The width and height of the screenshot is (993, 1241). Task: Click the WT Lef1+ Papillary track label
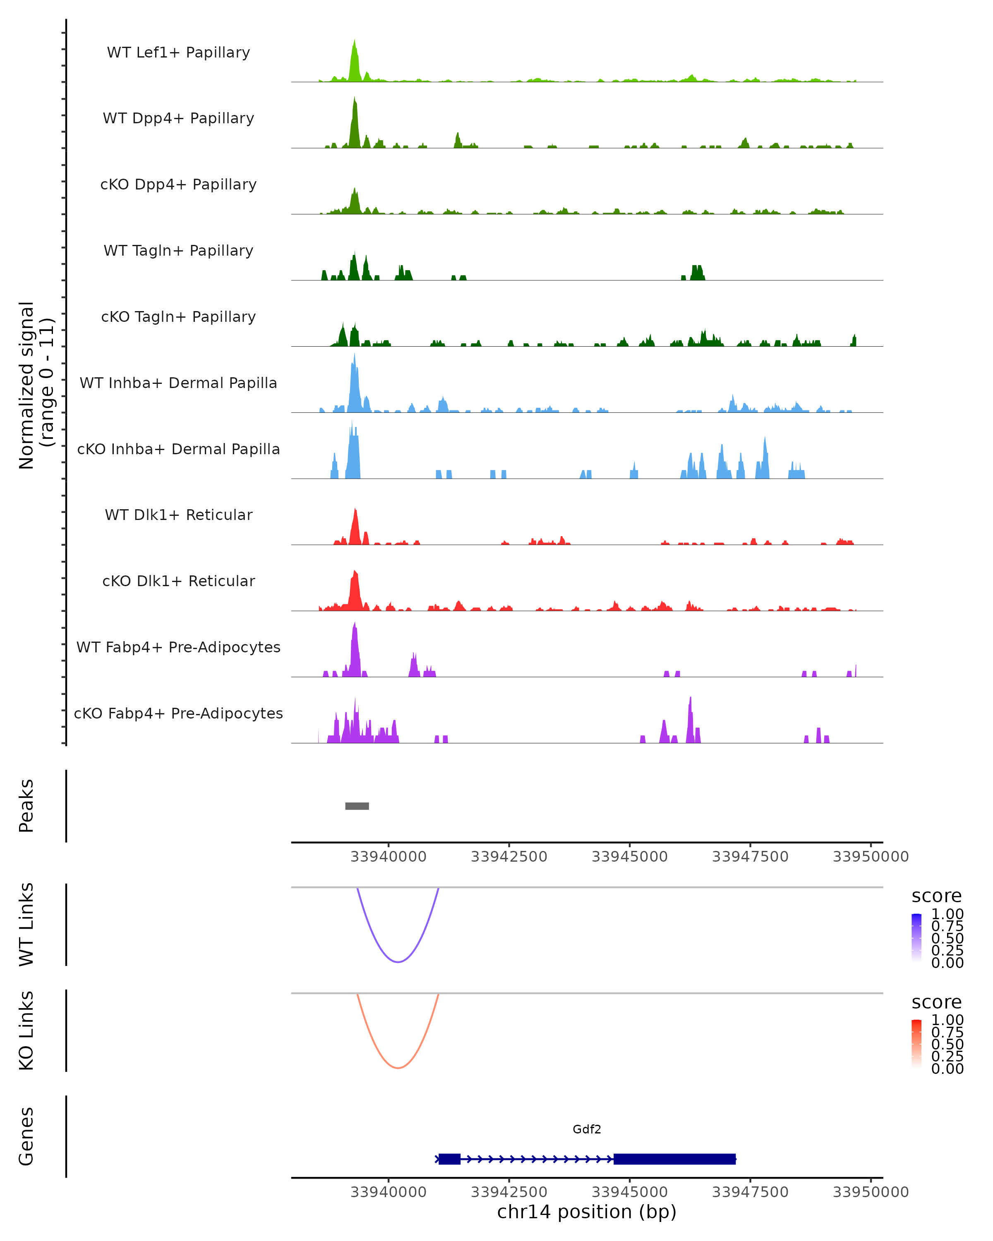click(x=178, y=53)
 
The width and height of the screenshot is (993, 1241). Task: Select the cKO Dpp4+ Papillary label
click(x=178, y=184)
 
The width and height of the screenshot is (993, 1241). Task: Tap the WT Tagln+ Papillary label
click(x=178, y=250)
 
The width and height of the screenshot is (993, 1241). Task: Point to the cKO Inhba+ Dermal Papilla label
click(x=178, y=449)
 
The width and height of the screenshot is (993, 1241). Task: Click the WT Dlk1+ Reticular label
click(x=178, y=515)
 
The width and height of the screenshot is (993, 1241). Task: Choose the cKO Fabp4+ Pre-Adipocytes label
click(x=178, y=713)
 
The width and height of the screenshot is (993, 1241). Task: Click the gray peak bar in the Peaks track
click(x=357, y=806)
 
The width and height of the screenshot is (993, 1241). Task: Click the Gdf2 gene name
click(x=587, y=1129)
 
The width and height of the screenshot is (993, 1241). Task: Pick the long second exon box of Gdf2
click(x=674, y=1159)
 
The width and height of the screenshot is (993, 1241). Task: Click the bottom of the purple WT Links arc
click(x=398, y=962)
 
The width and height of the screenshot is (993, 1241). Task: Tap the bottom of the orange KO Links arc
click(x=398, y=1068)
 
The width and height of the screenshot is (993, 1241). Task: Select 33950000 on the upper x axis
click(x=871, y=857)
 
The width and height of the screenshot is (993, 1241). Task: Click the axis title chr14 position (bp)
click(x=587, y=1212)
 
